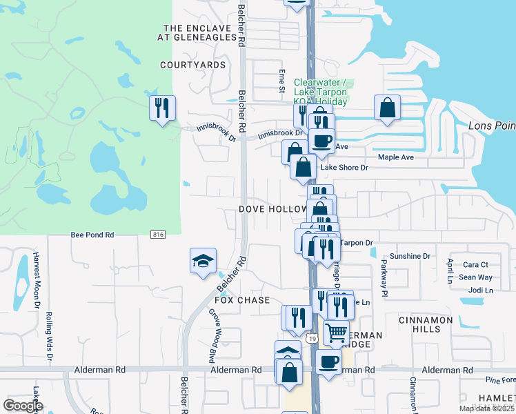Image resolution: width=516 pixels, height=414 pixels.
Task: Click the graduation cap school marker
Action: [202, 262]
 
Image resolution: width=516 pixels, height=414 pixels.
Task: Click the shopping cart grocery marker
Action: [337, 333]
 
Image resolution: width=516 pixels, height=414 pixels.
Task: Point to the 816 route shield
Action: [158, 235]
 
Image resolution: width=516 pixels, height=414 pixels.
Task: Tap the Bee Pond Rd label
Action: [92, 235]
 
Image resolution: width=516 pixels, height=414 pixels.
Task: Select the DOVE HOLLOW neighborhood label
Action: [273, 209]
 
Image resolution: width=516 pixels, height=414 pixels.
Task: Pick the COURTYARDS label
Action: [193, 65]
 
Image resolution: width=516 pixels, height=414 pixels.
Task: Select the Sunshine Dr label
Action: [410, 256]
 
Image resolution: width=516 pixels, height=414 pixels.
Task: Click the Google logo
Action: [23, 406]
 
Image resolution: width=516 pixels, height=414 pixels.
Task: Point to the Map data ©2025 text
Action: [486, 408]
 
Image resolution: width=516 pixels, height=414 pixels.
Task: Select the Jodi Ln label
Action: [479, 290]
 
